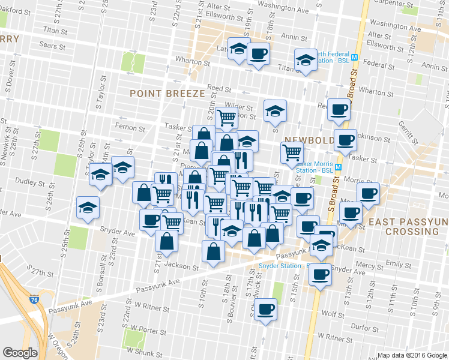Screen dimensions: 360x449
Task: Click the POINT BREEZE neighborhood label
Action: tap(167, 93)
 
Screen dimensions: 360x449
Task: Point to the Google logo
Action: tap(20, 352)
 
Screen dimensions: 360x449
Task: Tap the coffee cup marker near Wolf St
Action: tap(265, 310)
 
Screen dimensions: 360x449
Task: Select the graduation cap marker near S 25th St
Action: tap(88, 208)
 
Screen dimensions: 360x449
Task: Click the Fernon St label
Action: tap(130, 128)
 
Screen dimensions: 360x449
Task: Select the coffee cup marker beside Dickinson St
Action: tap(345, 140)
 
